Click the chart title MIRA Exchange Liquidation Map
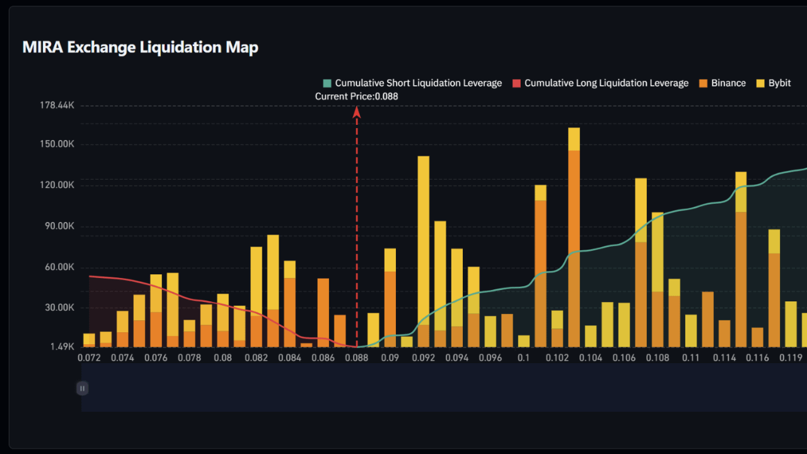(x=140, y=47)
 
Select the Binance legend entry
(x=722, y=83)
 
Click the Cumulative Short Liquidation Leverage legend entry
(x=412, y=83)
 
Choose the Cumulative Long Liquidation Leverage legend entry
(x=600, y=83)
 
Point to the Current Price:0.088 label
(x=356, y=96)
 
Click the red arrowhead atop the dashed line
(x=356, y=112)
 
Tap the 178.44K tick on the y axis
(x=57, y=105)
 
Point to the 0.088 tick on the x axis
(x=357, y=358)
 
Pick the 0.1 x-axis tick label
(x=524, y=358)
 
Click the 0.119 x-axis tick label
(x=790, y=358)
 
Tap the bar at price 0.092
(x=424, y=252)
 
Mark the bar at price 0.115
(x=741, y=259)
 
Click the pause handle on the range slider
(x=82, y=388)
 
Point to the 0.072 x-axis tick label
(x=89, y=358)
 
